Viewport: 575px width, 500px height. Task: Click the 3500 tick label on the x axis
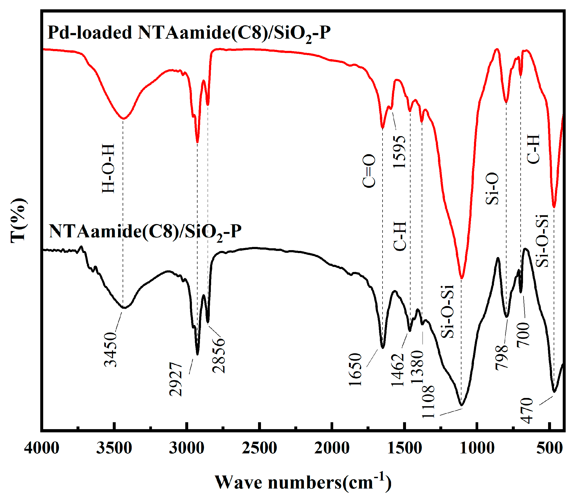(x=114, y=448)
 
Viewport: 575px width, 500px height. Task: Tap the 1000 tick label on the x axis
(x=477, y=448)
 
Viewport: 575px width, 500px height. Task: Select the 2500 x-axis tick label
(x=259, y=448)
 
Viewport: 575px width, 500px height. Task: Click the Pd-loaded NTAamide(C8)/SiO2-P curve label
(x=189, y=33)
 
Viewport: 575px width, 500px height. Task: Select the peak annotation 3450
(x=110, y=349)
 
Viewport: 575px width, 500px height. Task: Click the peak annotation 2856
(x=218, y=355)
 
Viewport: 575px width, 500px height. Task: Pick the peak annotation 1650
(x=355, y=370)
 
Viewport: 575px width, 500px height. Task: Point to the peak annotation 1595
(x=399, y=152)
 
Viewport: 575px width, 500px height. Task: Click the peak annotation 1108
(x=428, y=401)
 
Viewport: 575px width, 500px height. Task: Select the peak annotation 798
(x=501, y=357)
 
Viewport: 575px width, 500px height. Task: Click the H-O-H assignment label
(x=108, y=169)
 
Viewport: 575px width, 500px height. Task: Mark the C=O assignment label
(x=369, y=171)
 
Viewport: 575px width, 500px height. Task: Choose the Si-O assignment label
(x=492, y=189)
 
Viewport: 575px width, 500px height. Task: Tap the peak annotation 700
(x=523, y=334)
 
